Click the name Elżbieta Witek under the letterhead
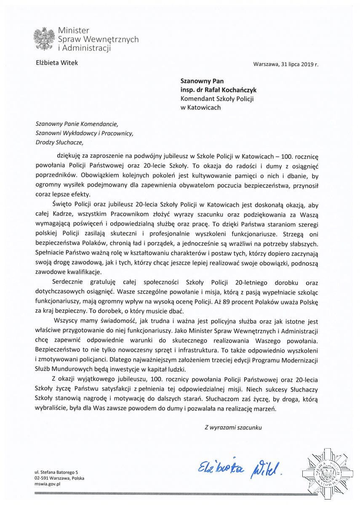tap(57, 63)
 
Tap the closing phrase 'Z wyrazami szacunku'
tap(233, 427)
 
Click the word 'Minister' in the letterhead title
tap(73, 31)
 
